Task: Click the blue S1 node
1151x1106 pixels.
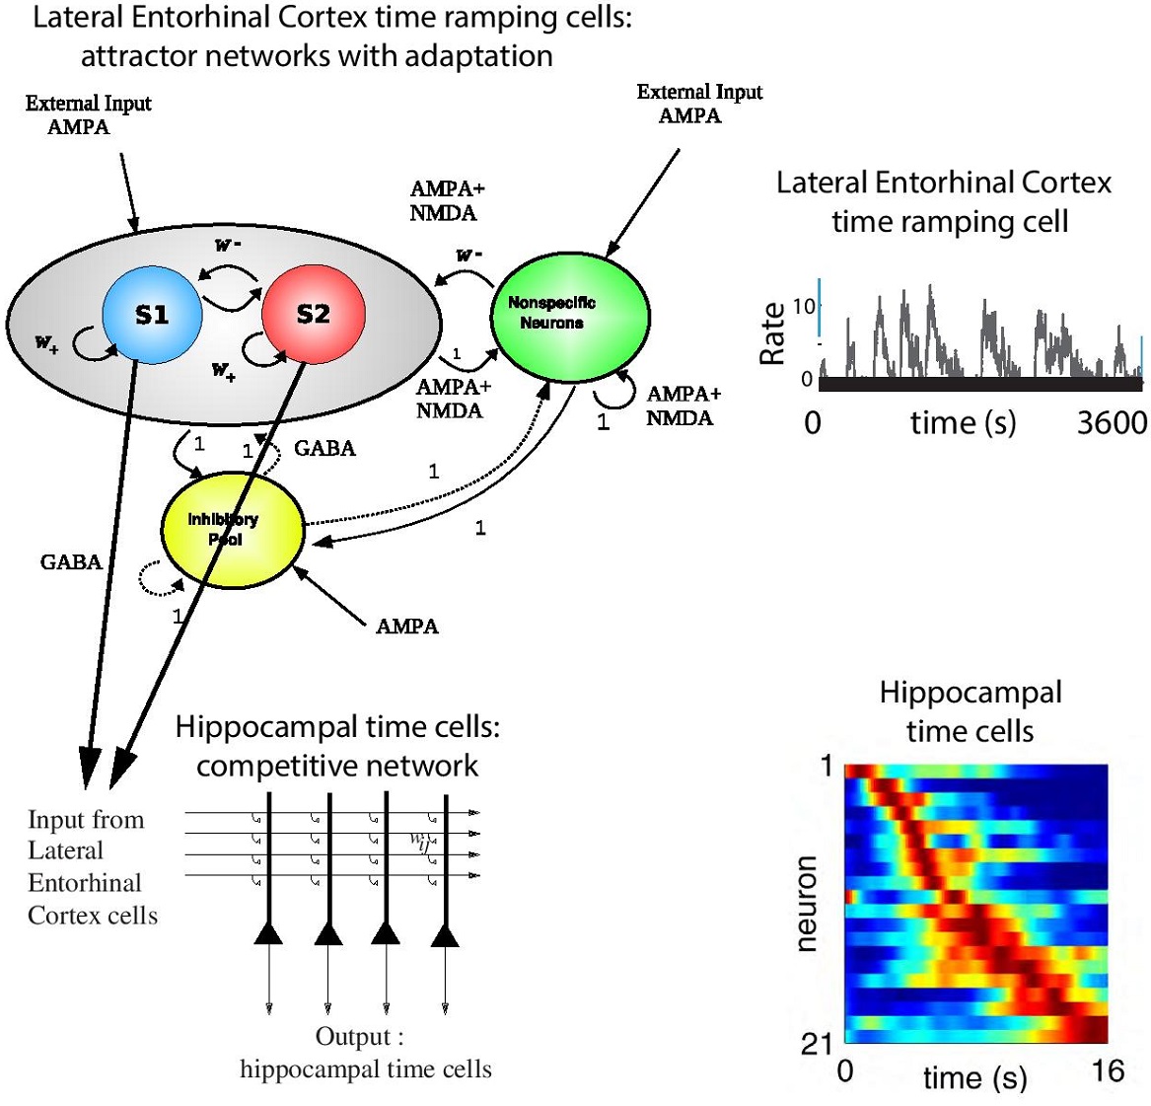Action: pyautogui.click(x=152, y=315)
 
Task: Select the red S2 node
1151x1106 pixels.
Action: pyautogui.click(x=313, y=315)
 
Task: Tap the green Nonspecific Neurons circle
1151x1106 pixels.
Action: pyautogui.click(x=570, y=314)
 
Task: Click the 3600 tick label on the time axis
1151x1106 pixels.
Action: pyautogui.click(x=1112, y=423)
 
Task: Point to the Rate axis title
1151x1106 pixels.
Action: pyautogui.click(x=772, y=333)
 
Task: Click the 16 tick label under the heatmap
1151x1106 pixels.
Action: pyautogui.click(x=1108, y=1070)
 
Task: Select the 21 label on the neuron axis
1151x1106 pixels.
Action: pyautogui.click(x=818, y=1043)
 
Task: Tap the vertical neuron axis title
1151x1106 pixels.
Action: pyautogui.click(x=806, y=904)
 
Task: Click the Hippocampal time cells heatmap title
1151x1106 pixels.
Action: pyautogui.click(x=971, y=711)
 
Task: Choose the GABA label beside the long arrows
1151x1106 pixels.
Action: pyautogui.click(x=71, y=562)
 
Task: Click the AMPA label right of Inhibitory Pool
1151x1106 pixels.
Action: pyautogui.click(x=406, y=627)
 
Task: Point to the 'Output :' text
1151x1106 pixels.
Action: pyautogui.click(x=359, y=1037)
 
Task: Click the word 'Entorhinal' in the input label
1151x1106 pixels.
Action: pyautogui.click(x=85, y=883)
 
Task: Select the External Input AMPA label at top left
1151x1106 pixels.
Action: pyautogui.click(x=88, y=114)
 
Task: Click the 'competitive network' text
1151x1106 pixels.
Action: pyautogui.click(x=337, y=766)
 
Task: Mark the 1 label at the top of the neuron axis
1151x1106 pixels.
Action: pyautogui.click(x=827, y=766)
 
